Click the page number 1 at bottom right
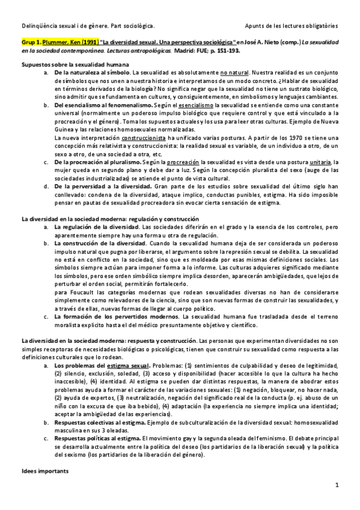[x=337, y=484]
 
